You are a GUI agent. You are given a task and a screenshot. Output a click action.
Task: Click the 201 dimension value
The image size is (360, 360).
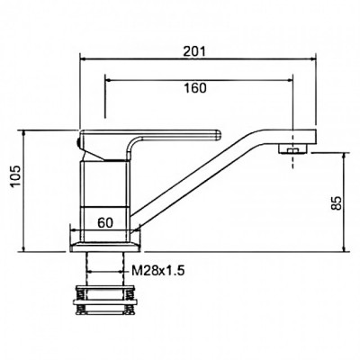(194, 51)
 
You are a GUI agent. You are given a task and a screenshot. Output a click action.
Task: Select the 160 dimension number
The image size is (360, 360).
(194, 88)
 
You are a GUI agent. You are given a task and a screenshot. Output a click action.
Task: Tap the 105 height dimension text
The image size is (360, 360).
(15, 175)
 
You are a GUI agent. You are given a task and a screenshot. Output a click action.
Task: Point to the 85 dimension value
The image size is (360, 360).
(337, 203)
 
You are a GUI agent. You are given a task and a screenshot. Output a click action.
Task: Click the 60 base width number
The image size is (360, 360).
(105, 222)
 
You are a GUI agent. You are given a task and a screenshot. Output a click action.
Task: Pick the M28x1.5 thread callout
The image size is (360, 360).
(157, 272)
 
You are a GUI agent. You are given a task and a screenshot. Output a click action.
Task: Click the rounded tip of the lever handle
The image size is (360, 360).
(219, 135)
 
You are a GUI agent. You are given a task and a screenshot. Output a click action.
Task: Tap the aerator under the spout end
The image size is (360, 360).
(292, 148)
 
